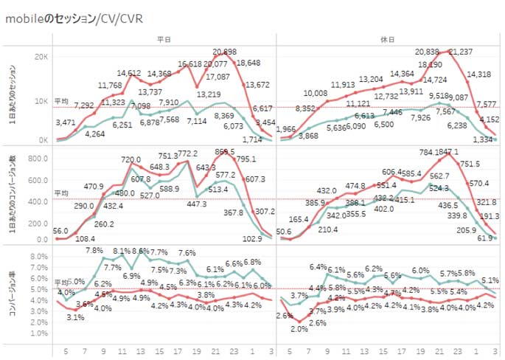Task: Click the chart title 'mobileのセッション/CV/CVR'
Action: point(74,17)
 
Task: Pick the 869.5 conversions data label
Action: point(224,151)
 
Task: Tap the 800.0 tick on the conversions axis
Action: point(36,157)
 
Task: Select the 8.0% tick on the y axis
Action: point(38,257)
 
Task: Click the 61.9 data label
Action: point(484,238)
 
